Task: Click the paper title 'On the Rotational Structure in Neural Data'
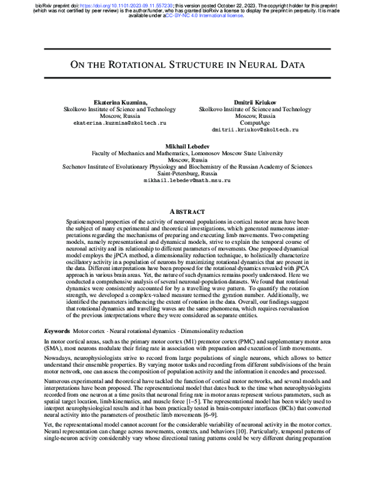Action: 187,64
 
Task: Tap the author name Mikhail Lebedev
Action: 187,144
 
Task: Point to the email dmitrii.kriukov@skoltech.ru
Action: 255,130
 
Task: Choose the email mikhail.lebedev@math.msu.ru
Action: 187,180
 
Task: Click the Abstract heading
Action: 187,211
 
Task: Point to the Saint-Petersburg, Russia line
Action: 187,173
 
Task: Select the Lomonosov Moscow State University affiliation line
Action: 187,152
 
